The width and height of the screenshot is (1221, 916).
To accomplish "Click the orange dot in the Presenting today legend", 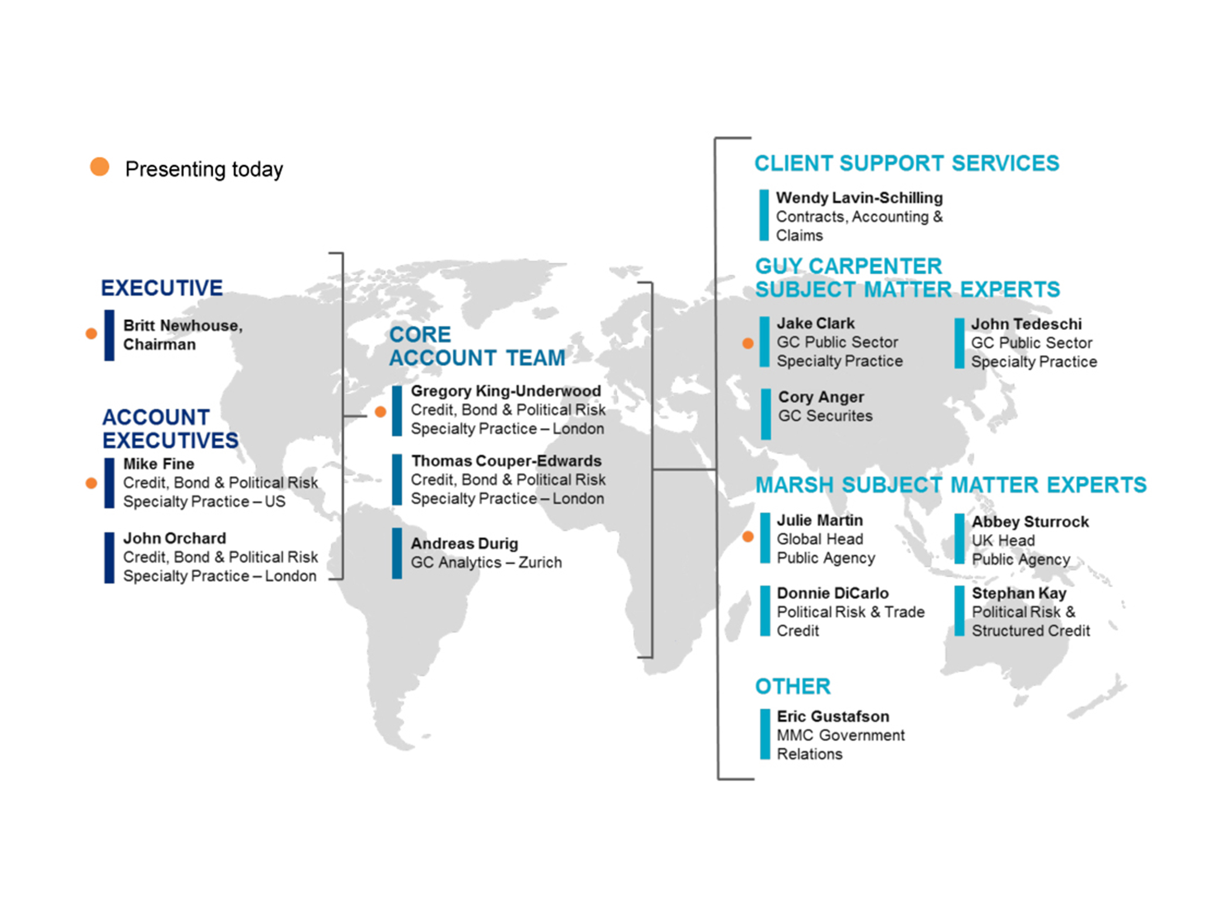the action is (x=100, y=167).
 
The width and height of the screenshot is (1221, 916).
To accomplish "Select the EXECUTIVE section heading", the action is (x=162, y=288).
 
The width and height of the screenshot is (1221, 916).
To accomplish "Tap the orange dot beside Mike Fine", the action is (x=91, y=483).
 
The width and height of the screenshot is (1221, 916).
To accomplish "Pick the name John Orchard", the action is (x=175, y=538).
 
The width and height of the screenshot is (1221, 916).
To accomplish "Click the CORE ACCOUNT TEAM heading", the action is (x=478, y=346).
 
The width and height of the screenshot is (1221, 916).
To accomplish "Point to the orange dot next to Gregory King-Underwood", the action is (x=380, y=411).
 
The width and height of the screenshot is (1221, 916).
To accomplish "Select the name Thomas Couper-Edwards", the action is (x=506, y=461).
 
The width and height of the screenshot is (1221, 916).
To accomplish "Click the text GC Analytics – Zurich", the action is (x=486, y=563).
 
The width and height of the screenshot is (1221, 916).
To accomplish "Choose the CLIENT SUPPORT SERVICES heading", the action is (x=907, y=164).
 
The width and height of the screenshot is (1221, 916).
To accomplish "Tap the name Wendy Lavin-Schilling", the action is (x=859, y=197).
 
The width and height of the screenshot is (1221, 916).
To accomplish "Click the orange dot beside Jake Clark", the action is (x=748, y=343).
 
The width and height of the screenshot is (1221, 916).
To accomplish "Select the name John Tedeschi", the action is (x=1026, y=324).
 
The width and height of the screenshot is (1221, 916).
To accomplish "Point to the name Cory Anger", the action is (x=821, y=397).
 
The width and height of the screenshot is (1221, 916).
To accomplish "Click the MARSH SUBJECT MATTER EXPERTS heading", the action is (x=951, y=485).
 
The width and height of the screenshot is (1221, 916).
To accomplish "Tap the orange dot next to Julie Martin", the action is (x=748, y=536).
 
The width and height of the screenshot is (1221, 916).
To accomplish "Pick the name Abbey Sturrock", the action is (x=1030, y=522).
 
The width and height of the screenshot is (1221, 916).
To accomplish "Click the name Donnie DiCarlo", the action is (x=833, y=593).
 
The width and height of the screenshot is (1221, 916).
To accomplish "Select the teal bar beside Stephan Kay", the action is (x=960, y=611).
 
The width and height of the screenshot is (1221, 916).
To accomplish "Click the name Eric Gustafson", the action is (x=833, y=716).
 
